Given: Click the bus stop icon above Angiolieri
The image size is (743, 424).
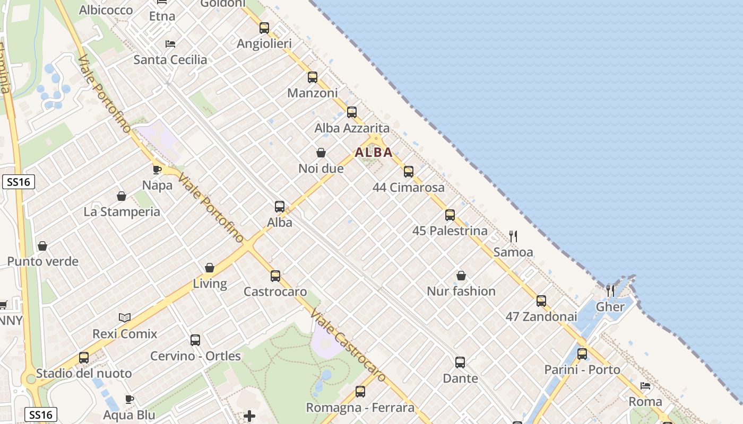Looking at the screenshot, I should coord(264,28).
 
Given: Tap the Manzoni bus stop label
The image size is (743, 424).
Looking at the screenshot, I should coord(313,93).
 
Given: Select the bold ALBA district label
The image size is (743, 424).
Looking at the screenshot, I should coord(374,153).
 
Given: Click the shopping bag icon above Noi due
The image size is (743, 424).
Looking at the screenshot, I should coord(321,153).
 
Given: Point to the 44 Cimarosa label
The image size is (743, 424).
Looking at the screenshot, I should coord(409,188).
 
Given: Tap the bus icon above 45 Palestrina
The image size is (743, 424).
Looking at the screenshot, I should coord(450,215).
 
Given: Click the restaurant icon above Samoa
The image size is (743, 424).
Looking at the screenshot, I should coord(513,236).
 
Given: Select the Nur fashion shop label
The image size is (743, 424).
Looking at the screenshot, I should coord(461,291).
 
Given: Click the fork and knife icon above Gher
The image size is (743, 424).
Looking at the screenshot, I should coord(610,290).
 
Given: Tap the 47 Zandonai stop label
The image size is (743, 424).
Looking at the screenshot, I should coord(541,317).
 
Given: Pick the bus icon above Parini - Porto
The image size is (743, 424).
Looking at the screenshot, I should coord(582,354).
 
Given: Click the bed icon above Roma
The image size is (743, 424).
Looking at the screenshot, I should coord(645,386).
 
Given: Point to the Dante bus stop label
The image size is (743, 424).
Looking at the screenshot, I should coord(460,378).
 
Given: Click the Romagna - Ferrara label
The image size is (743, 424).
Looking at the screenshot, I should coord(360,408).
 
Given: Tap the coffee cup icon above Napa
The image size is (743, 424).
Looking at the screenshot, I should coord(157,170).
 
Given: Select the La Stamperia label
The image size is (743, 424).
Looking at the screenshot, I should coord(122,212).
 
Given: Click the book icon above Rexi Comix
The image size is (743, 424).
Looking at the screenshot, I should coord(125,318).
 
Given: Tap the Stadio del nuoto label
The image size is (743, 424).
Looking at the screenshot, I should coord(84,374).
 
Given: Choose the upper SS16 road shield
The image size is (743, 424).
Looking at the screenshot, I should coord(18,182).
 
